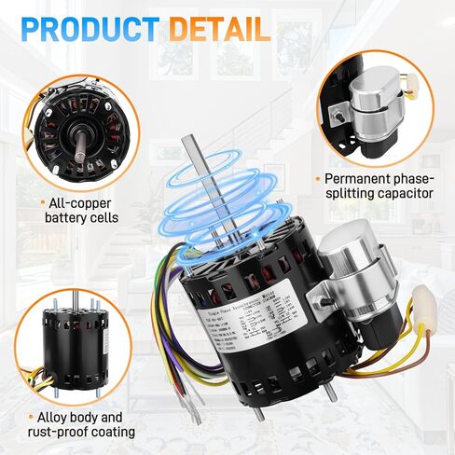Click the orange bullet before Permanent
[319, 178]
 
